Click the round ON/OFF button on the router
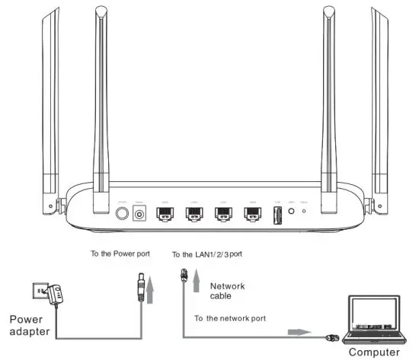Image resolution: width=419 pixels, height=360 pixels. pyautogui.click(x=120, y=215)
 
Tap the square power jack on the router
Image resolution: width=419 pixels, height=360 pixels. pyautogui.click(x=140, y=215)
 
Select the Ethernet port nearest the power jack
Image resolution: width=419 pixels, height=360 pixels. pyautogui.click(x=164, y=215)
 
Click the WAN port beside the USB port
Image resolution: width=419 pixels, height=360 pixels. pyautogui.click(x=253, y=215)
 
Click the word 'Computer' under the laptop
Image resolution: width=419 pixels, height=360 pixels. pyautogui.click(x=375, y=352)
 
